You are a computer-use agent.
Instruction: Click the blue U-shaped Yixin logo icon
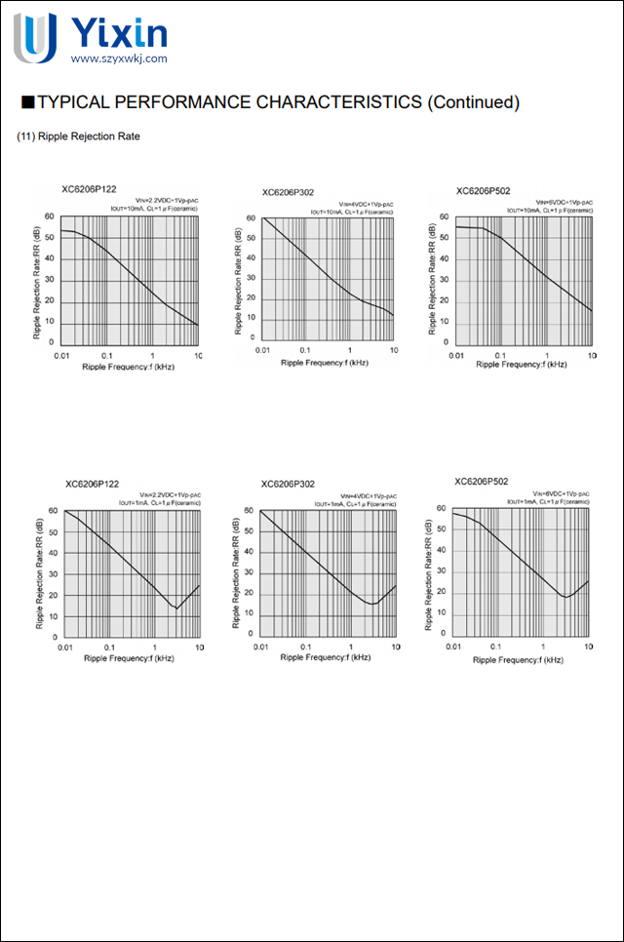[x=34, y=37]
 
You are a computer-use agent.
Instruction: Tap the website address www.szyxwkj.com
[x=119, y=59]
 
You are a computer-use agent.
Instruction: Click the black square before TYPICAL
[x=27, y=101]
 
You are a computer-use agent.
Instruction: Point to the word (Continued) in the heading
[x=474, y=102]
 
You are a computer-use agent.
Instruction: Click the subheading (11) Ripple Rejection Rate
[x=79, y=137]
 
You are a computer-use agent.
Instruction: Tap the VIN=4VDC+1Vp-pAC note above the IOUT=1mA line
[x=360, y=495]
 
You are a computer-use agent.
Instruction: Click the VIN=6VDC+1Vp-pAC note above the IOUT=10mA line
[x=560, y=202]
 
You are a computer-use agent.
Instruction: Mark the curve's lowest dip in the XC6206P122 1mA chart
[x=175, y=608]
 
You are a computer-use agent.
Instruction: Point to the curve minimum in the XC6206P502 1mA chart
[x=565, y=597]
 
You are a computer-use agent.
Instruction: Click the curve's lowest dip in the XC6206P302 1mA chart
[x=371, y=605]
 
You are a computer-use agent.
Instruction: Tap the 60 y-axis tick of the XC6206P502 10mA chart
[x=444, y=217]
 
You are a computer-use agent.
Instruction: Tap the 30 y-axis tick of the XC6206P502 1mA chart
[x=442, y=572]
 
